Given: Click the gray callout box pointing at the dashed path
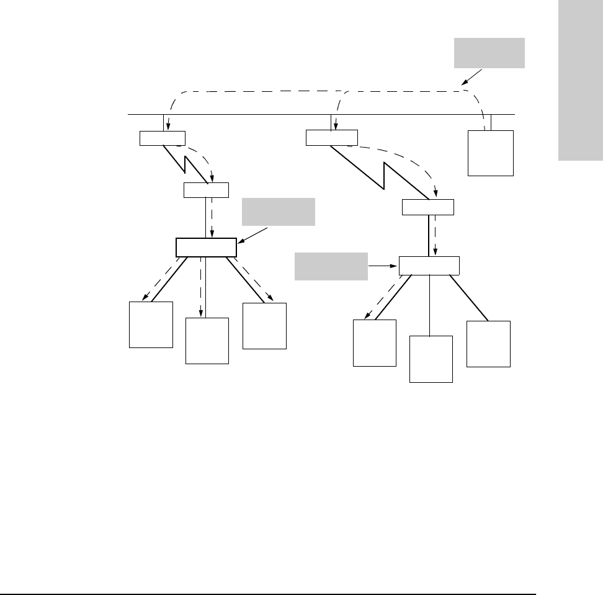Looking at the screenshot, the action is click(x=489, y=53).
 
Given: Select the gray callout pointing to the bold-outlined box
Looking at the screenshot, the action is click(x=279, y=212).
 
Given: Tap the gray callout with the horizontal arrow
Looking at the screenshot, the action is click(x=331, y=266).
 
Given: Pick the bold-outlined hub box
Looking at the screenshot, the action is click(x=206, y=247).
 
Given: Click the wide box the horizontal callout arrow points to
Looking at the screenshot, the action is click(x=429, y=265).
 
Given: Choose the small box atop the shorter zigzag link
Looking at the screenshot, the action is click(x=163, y=138).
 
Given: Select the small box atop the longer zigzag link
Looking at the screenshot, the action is click(x=332, y=138).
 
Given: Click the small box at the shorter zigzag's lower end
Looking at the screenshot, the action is click(x=207, y=190).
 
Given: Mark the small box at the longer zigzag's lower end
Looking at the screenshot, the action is click(x=428, y=207).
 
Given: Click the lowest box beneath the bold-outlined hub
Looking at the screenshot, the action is click(x=207, y=341).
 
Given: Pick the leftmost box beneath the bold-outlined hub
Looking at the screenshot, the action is click(x=151, y=325).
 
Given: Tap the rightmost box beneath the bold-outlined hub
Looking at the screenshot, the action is click(x=265, y=326).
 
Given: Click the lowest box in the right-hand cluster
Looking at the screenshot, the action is click(x=431, y=359).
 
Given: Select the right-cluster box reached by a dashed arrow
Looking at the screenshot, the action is click(x=375, y=343).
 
